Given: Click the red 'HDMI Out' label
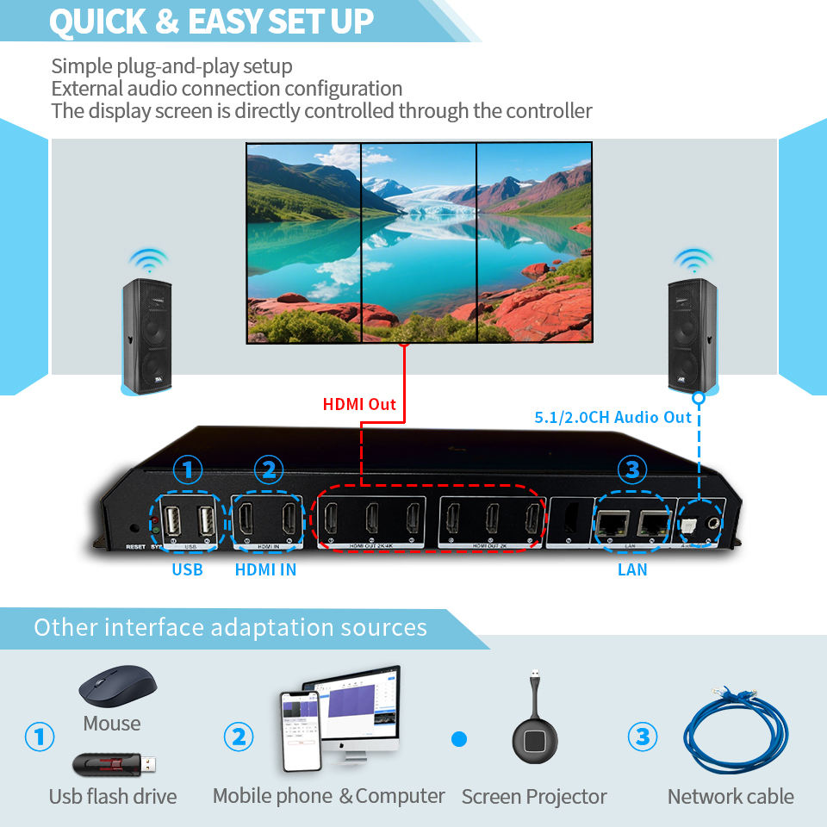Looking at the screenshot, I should coord(358,404).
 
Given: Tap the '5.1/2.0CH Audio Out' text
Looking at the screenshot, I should coord(613,418).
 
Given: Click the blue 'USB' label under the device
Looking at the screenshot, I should coord(187,569).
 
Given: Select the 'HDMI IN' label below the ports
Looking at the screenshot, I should coord(265,569).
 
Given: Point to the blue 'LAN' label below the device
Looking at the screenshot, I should coord(632,569).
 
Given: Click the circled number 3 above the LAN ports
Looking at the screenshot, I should coord(632,470).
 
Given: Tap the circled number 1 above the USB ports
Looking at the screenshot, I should coord(187,470).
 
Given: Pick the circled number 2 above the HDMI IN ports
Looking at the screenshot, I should coord(268,470).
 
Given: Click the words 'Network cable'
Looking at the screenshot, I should coord(730,797).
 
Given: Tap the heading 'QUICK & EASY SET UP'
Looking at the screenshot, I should coord(211,22).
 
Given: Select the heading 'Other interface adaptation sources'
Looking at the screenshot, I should coord(230,626).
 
